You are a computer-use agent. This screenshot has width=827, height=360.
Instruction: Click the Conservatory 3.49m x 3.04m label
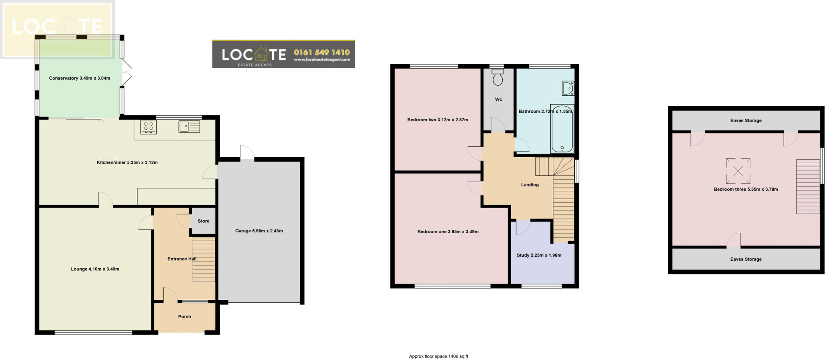coord(80,78)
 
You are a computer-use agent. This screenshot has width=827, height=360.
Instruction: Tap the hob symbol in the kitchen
coord(148,127)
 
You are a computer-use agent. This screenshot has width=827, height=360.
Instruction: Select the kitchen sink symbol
coord(189,127)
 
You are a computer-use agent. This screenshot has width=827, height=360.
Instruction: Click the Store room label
coord(204,221)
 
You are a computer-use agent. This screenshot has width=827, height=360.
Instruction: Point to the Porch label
coord(185,317)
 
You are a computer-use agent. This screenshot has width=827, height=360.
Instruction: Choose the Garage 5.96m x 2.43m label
coord(259,231)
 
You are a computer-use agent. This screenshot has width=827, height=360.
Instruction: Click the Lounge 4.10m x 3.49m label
coord(95,269)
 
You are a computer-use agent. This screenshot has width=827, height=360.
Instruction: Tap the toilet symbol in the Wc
coord(498,77)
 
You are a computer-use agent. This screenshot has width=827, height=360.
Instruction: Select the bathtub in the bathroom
coord(562,129)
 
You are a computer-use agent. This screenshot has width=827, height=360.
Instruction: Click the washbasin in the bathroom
coord(568,88)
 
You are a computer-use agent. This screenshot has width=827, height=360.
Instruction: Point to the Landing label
coord(530,185)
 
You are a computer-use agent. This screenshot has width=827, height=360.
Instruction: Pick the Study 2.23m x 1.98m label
coord(539,255)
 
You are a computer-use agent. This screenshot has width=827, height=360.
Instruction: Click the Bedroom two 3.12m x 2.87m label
coord(438,120)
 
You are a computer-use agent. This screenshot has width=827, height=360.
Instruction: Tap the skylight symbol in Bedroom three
coord(738,171)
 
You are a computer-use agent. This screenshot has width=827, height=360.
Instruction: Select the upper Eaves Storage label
coord(746,120)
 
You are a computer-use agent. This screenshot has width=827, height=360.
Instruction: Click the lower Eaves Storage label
coord(746,259)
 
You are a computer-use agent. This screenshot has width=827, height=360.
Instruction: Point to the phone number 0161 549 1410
coord(322,52)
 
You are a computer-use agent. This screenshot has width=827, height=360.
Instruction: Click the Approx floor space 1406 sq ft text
coord(439,356)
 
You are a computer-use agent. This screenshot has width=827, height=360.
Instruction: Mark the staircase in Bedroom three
coord(808,187)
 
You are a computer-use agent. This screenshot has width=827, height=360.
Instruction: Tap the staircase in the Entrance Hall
coord(204,259)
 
